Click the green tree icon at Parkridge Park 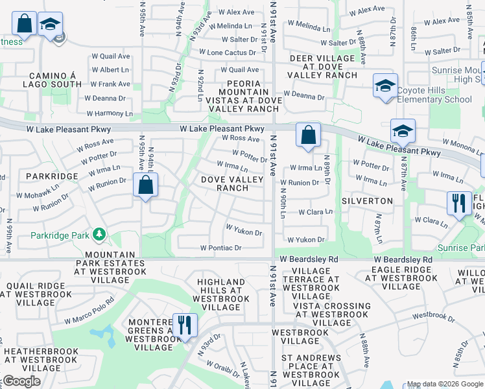(99, 233)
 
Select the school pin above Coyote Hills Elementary (384, 86)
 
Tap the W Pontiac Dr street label (221, 248)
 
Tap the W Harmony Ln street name (110, 113)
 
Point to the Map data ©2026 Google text (444, 384)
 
